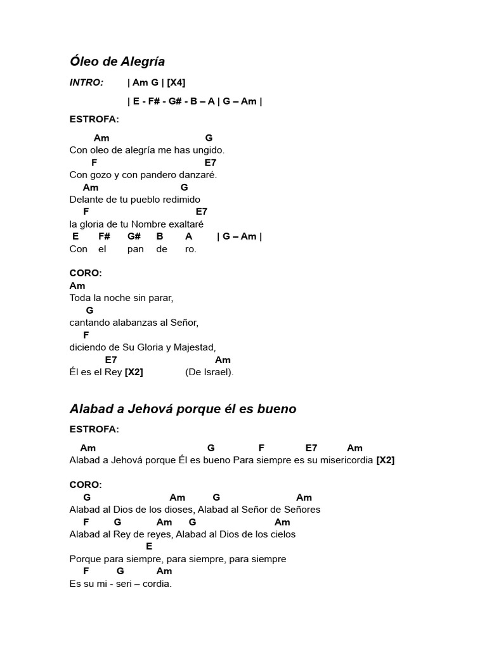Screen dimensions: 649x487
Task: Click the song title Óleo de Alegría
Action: (x=117, y=61)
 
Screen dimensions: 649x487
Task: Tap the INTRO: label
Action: (x=86, y=82)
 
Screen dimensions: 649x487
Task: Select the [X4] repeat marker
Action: (x=176, y=82)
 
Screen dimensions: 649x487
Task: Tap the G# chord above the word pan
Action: (x=134, y=236)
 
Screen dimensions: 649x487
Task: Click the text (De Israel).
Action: (x=209, y=372)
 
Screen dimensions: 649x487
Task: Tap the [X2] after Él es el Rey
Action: (x=134, y=372)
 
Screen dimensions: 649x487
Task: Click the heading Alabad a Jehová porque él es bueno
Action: (x=183, y=409)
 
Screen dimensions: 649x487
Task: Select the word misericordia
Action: (x=342, y=460)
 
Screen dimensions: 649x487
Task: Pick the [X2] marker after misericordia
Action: (x=385, y=460)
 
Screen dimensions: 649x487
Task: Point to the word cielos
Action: (x=280, y=534)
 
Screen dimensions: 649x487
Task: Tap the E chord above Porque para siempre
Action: (x=149, y=546)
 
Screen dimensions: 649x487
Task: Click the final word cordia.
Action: (x=157, y=584)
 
